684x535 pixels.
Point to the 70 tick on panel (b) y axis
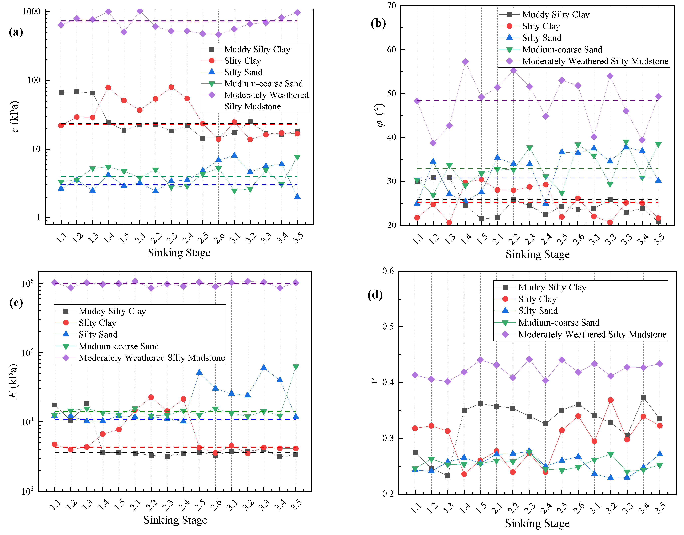[391, 6]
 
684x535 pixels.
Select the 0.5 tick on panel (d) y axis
[388, 327]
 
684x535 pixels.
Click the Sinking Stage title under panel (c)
[175, 520]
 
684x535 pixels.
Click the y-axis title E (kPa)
[13, 381]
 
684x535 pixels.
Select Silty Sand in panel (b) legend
[542, 38]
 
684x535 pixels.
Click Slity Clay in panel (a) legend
[242, 61]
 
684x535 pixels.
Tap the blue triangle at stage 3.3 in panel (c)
[264, 367]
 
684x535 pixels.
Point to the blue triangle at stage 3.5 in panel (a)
[297, 196]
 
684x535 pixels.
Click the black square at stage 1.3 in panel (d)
[448, 476]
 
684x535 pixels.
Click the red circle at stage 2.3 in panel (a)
[171, 87]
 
